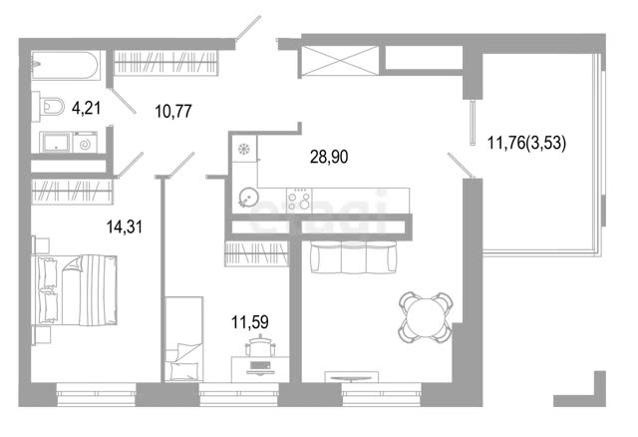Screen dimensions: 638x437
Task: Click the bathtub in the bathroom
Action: click(x=65, y=65)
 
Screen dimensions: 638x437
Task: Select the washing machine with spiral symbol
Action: click(x=85, y=143)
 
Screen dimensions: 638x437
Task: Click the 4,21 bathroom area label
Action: click(x=87, y=109)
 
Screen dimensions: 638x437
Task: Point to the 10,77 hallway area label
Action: click(x=173, y=111)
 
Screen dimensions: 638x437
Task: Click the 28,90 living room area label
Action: click(x=329, y=157)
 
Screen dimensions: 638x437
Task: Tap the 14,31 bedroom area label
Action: click(x=125, y=226)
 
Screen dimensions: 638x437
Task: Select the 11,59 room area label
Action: click(x=250, y=322)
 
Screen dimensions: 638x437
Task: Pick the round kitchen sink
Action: click(x=248, y=198)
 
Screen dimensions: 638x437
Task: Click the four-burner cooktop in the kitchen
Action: click(x=299, y=201)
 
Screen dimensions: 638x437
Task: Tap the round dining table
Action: click(x=426, y=317)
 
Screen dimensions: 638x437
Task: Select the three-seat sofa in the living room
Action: click(x=353, y=256)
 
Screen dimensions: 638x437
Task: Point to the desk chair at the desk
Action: click(x=260, y=347)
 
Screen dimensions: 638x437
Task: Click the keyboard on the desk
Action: click(x=260, y=365)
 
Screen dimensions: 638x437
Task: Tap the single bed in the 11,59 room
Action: click(x=183, y=339)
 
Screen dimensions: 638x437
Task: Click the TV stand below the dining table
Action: click(x=352, y=377)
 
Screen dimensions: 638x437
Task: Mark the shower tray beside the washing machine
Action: click(x=56, y=142)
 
